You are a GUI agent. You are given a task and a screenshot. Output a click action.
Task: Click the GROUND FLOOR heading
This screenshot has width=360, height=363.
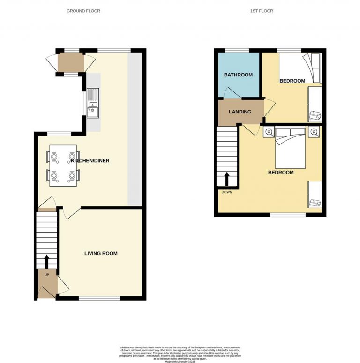83,11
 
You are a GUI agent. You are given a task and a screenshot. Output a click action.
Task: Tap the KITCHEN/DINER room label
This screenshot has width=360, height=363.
90,161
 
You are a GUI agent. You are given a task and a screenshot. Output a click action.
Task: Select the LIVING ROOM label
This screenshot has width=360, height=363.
101,253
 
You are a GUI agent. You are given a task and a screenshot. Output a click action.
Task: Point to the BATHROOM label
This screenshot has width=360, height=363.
238,75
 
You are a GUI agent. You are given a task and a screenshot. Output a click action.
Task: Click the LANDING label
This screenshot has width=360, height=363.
240,112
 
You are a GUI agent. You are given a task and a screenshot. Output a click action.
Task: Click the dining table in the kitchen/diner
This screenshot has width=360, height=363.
63,166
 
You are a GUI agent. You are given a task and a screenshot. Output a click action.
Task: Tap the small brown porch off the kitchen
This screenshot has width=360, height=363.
71,62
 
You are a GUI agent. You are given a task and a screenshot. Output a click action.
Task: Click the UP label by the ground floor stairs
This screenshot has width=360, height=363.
46,275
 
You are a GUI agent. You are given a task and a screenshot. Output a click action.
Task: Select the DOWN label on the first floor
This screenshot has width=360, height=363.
226,191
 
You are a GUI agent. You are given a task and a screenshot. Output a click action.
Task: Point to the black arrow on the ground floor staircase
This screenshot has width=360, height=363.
46,260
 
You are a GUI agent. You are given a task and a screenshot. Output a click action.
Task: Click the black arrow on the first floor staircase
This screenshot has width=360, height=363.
227,179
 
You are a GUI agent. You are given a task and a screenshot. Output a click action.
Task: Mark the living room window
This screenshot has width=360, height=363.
98,298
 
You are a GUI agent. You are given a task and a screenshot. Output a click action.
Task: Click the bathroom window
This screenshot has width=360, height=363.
237,50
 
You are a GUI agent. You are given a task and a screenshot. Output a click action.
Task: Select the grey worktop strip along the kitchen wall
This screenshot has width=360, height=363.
135,129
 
